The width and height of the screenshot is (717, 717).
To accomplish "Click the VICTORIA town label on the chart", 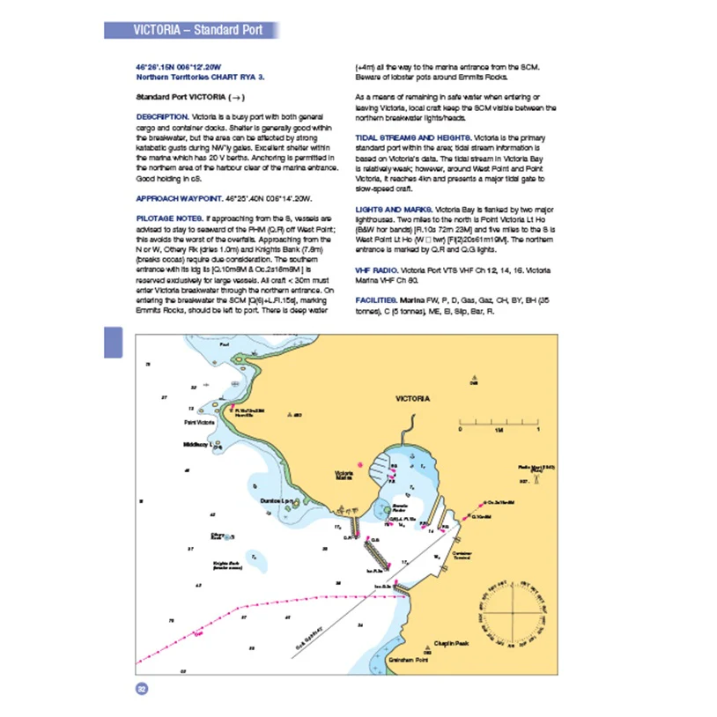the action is (x=412, y=399).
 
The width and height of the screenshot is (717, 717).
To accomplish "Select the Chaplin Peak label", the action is (x=450, y=644).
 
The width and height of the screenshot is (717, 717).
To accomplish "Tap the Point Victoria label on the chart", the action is (x=199, y=423).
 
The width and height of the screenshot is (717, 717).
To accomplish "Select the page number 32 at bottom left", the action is (x=140, y=689).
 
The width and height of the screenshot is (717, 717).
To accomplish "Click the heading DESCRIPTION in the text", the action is (x=161, y=116).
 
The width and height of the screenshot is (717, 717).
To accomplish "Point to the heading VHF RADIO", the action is (x=374, y=266).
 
